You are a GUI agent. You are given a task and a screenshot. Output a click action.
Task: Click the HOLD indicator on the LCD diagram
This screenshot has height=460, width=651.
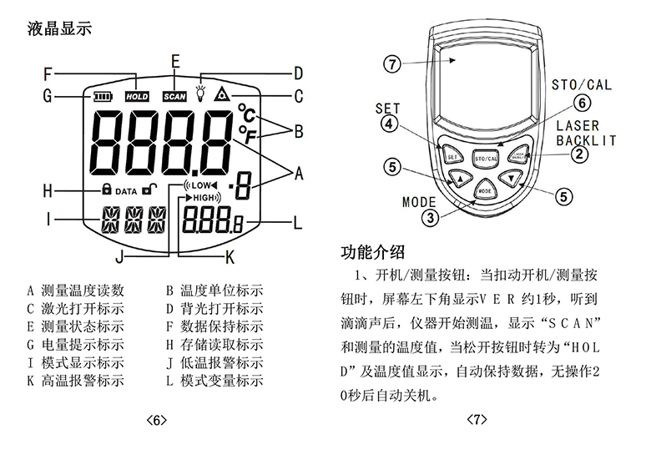[137, 97]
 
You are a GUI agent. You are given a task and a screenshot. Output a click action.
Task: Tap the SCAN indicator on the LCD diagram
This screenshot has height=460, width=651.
[174, 97]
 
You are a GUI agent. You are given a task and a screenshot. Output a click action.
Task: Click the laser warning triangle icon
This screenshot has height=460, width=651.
[222, 94]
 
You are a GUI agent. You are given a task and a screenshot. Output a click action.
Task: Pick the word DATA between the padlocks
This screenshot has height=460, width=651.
[126, 191]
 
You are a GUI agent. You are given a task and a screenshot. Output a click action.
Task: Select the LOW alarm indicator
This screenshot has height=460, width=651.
[199, 185]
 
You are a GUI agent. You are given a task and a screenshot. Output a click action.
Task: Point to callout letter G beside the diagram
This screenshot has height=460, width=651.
[48, 96]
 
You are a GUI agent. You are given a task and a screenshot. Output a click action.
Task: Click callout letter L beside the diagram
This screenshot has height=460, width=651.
[297, 222]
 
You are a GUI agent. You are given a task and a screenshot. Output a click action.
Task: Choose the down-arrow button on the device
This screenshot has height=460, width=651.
[511, 177]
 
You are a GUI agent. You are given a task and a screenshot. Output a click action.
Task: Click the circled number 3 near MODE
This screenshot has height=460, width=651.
[431, 218]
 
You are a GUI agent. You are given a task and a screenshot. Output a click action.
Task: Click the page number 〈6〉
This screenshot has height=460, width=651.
[156, 420]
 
